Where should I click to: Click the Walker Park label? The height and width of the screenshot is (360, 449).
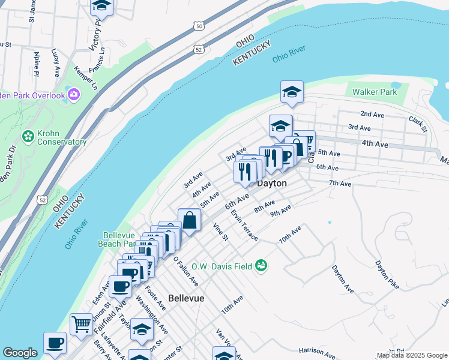click(x=375, y=92)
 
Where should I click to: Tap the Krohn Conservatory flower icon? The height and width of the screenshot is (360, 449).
click(x=28, y=137)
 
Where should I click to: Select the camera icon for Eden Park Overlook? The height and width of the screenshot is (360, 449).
click(x=74, y=94)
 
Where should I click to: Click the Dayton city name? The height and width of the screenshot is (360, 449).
click(x=271, y=183)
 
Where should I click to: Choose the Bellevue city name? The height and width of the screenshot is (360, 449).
click(x=186, y=298)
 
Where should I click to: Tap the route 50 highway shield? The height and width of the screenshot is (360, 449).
click(x=198, y=26)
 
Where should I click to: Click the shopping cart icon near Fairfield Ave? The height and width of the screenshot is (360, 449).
click(x=81, y=324)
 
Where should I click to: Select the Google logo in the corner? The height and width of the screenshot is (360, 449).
click(x=20, y=352)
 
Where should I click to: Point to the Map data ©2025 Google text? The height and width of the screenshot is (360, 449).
click(x=411, y=355)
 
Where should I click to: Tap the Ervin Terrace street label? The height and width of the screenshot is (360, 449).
click(x=244, y=226)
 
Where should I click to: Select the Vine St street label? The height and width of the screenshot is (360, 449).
click(x=221, y=232)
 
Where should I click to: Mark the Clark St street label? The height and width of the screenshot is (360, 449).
click(x=418, y=124)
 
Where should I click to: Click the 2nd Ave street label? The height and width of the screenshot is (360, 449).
click(x=372, y=113)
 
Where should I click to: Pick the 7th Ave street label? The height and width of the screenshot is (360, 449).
click(x=340, y=183)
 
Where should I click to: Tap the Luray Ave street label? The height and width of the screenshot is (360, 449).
click(x=56, y=62)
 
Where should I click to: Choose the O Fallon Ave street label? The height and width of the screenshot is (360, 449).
click(x=185, y=271)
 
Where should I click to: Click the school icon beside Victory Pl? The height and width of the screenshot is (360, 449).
click(x=102, y=6)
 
